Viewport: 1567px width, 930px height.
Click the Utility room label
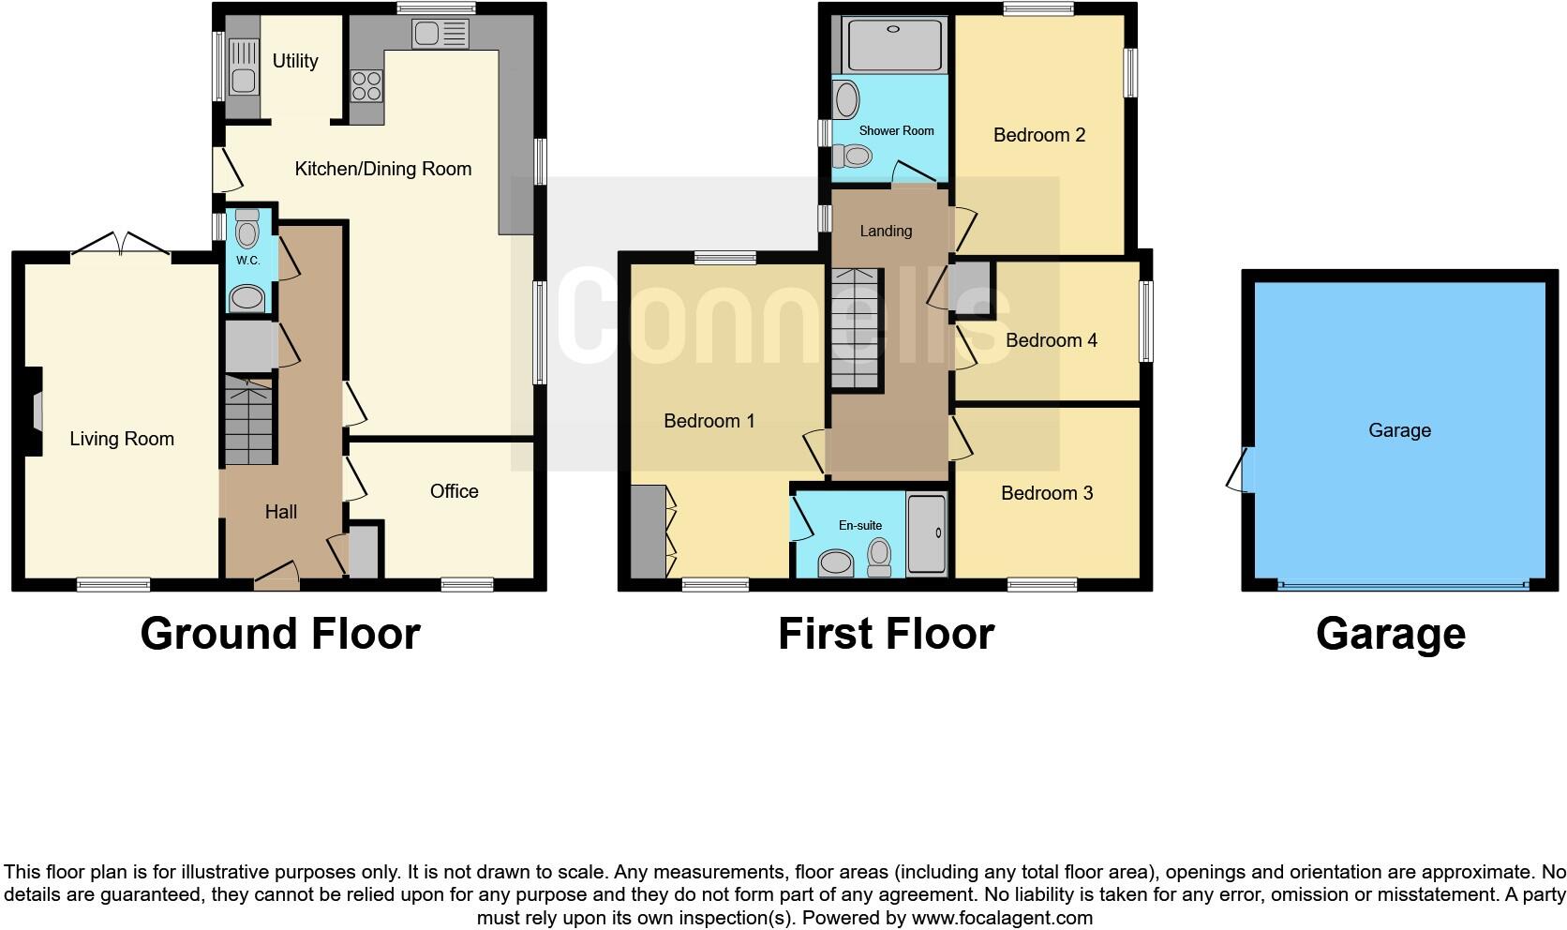[295, 61]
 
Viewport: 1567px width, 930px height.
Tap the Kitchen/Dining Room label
[382, 169]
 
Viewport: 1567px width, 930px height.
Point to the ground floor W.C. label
[247, 260]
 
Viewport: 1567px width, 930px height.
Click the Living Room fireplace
[36, 411]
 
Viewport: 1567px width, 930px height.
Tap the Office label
[454, 491]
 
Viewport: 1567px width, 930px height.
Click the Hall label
[280, 512]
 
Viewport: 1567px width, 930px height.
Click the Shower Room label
[896, 130]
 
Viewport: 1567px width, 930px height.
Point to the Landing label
[885, 231]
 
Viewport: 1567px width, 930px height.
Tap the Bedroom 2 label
[1038, 135]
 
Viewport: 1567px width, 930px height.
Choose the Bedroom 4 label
[1051, 340]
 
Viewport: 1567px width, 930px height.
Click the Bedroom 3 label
[1046, 493]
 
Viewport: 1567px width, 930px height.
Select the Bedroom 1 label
[709, 421]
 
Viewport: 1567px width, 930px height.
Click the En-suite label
[859, 526]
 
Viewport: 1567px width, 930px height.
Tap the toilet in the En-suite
[879, 557]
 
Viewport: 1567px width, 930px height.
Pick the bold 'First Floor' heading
[885, 634]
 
